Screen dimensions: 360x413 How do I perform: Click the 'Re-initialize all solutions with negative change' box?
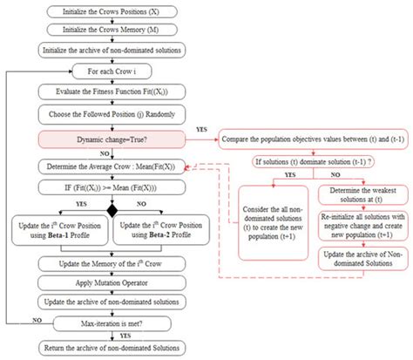click(x=361, y=230)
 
